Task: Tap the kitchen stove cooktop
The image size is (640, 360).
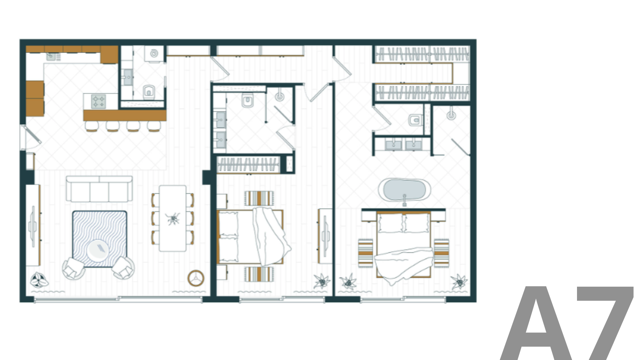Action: tap(99, 101)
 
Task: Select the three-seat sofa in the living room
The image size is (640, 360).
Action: tap(99, 189)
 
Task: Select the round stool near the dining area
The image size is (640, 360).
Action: tap(196, 278)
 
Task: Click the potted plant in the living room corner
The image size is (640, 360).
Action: tap(39, 280)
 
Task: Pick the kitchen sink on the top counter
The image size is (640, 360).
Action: tap(51, 56)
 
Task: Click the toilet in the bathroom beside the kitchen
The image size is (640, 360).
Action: tap(149, 92)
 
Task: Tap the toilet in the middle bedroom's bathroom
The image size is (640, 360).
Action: tap(247, 100)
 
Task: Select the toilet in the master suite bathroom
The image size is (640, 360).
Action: tap(415, 120)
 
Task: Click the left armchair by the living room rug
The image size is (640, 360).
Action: tap(73, 268)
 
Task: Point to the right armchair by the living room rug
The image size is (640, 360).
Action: tap(123, 268)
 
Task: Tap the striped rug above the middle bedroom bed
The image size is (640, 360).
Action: tap(259, 199)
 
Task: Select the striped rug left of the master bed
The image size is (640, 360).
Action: tap(366, 253)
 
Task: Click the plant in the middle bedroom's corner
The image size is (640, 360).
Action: tap(322, 281)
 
